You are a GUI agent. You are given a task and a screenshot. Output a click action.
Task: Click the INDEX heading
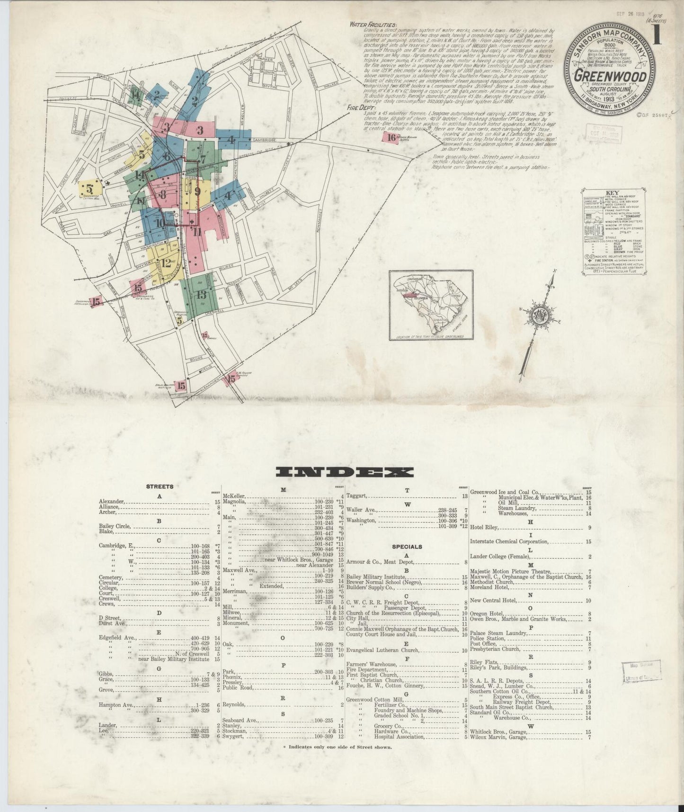344,472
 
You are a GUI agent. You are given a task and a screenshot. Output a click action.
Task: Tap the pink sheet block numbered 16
391,138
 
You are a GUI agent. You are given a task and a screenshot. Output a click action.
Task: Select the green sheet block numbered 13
202,295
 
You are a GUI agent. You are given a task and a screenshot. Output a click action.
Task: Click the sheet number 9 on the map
197,192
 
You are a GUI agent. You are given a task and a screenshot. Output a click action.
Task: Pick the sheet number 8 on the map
162,194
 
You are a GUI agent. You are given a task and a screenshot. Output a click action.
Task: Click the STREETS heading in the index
160,486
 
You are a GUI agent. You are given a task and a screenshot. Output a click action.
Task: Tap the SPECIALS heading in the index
407,546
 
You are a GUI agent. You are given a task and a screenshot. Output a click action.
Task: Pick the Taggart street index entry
355,496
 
